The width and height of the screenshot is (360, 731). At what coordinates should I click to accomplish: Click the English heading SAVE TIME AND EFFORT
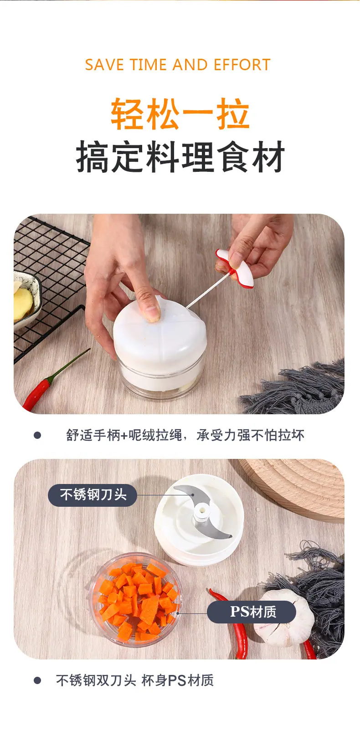[x=178, y=65]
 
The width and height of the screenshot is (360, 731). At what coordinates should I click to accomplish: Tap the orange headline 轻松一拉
[x=180, y=113]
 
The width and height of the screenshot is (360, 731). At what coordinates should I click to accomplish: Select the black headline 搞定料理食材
[x=180, y=157]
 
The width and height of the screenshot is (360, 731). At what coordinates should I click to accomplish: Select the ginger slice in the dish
[x=22, y=300]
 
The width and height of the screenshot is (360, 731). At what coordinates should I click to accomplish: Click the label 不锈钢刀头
[x=93, y=495]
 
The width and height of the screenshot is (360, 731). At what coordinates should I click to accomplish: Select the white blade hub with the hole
[x=202, y=512]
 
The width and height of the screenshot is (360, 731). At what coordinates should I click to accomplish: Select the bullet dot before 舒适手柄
[x=37, y=435]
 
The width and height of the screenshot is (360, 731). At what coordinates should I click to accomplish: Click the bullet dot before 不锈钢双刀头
[x=37, y=680]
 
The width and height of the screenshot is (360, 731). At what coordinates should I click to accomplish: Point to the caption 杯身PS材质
[x=178, y=680]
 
